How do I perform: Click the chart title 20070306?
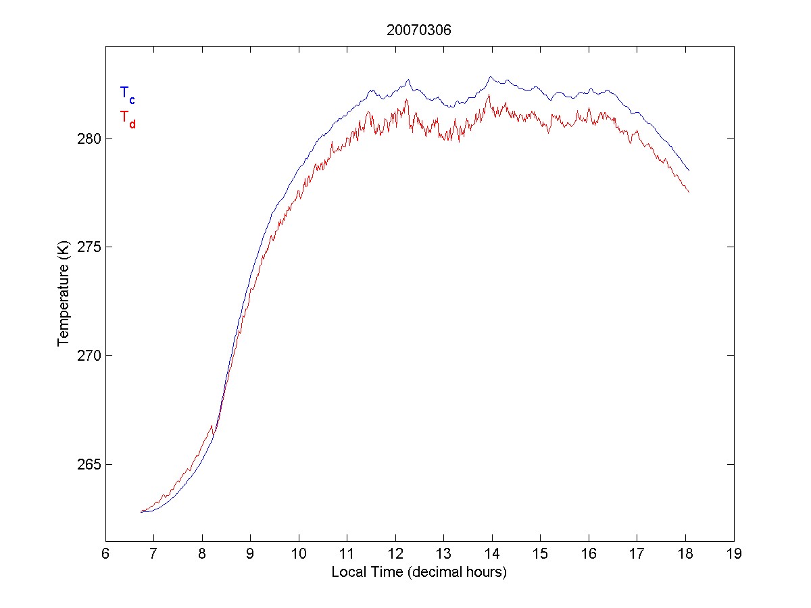click(419, 30)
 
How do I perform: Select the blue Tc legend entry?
click(127, 94)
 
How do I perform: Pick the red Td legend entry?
click(127, 118)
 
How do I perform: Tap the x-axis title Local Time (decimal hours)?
click(419, 572)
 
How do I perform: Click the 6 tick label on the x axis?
click(105, 554)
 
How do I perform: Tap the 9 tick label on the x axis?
click(250, 554)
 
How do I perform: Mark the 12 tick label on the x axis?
click(395, 554)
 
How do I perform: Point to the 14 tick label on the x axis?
click(492, 554)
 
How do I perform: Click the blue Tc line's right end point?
click(689, 171)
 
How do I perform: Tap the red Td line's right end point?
click(689, 193)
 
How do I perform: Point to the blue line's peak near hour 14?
click(491, 77)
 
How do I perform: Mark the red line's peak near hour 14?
click(489, 95)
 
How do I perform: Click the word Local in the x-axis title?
click(347, 572)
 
